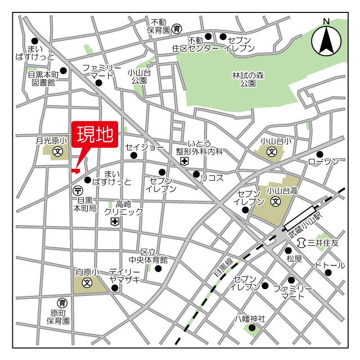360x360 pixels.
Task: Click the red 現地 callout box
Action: coord(94,135)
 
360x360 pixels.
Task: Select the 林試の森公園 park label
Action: coord(248,79)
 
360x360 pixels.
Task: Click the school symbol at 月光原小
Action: coord(57,151)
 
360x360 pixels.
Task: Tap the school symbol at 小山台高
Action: coord(276,201)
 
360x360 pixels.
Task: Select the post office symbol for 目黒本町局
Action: coord(77,191)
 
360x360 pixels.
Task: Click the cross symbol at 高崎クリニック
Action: coord(115,222)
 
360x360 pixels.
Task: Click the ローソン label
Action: coord(324,162)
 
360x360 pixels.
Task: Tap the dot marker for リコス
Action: coord(196,174)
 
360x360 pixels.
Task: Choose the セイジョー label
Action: coord(145,147)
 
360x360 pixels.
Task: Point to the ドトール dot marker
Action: coord(328,273)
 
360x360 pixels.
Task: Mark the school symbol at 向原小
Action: coord(87,283)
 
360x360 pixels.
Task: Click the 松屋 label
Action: coord(294,259)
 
